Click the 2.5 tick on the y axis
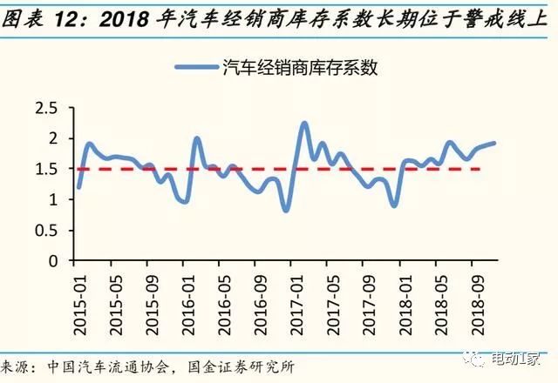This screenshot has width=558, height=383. (44, 108)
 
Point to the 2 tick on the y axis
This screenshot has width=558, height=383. (51, 138)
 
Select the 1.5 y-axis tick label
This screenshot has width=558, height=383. (44, 169)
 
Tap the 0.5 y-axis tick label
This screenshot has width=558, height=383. (44, 231)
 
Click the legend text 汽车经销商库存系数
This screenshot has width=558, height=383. (301, 67)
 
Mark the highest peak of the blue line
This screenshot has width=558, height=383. (304, 123)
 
